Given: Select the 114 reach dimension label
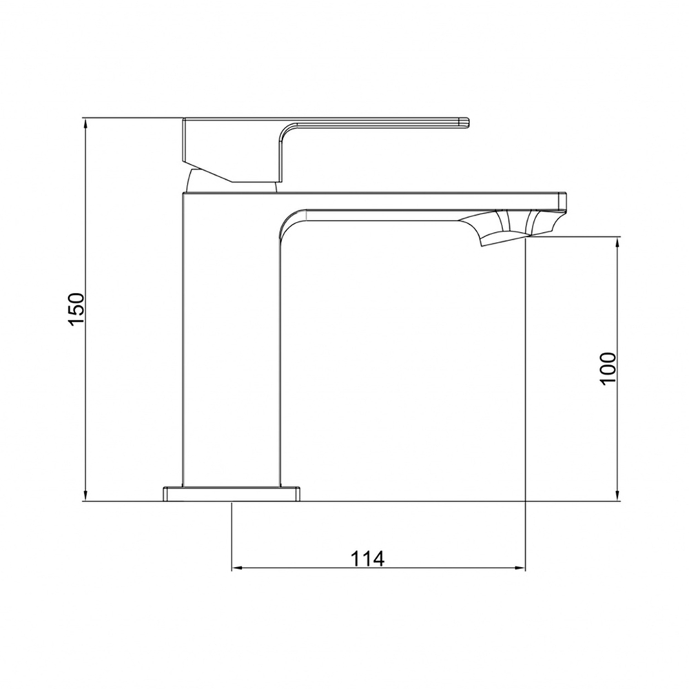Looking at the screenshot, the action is (367, 559).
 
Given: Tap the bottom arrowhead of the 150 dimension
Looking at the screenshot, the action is (86, 496).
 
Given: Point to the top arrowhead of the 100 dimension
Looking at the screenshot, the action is (617, 242).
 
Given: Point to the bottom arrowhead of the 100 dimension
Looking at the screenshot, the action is (617, 496).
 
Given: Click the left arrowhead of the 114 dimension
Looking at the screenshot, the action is (237, 568).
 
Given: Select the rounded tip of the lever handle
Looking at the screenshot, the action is (465, 123).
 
